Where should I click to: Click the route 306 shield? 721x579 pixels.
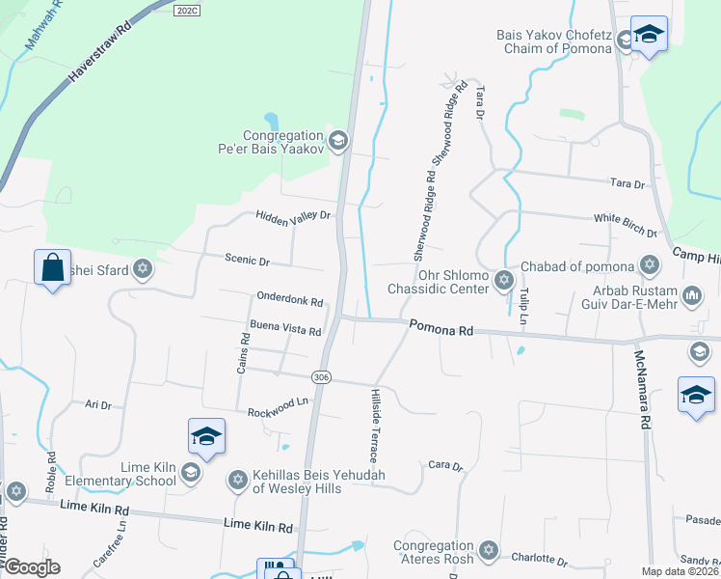click(x=322, y=376)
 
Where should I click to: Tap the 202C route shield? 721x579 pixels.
click(x=187, y=9)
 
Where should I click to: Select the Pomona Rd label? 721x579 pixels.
click(x=441, y=329)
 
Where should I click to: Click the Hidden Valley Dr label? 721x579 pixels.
click(x=293, y=217)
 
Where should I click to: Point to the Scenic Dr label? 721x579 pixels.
click(x=247, y=262)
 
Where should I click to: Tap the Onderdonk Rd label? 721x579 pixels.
click(x=289, y=301)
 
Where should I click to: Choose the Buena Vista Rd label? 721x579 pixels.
click(x=285, y=330)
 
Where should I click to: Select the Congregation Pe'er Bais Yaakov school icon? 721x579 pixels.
click(x=337, y=142)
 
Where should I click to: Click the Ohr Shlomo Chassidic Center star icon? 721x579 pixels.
click(x=502, y=280)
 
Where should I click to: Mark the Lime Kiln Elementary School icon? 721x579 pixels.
click(x=190, y=472)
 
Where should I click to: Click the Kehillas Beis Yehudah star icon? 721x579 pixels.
click(x=237, y=480)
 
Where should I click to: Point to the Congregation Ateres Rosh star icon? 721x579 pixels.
click(x=488, y=550)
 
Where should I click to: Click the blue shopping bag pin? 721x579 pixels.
click(x=51, y=267)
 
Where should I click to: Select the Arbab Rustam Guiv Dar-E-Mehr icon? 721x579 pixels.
click(x=691, y=293)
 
